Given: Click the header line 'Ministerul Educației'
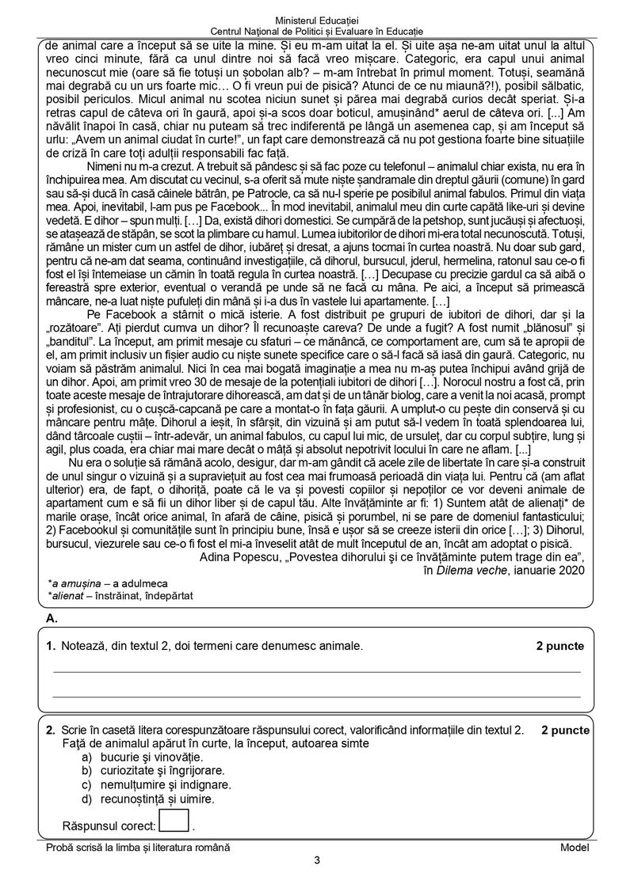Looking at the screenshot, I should (x=317, y=17).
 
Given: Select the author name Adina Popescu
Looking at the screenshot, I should (x=237, y=556).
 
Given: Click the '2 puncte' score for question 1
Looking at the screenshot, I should (x=560, y=646).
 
